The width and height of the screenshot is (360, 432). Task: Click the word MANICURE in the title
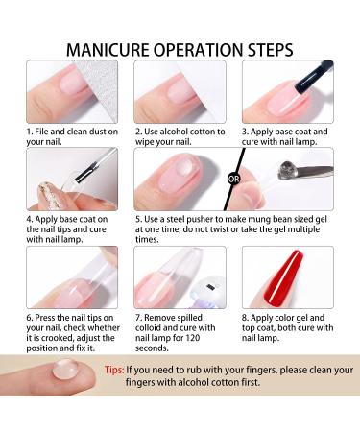pos(106,48)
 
